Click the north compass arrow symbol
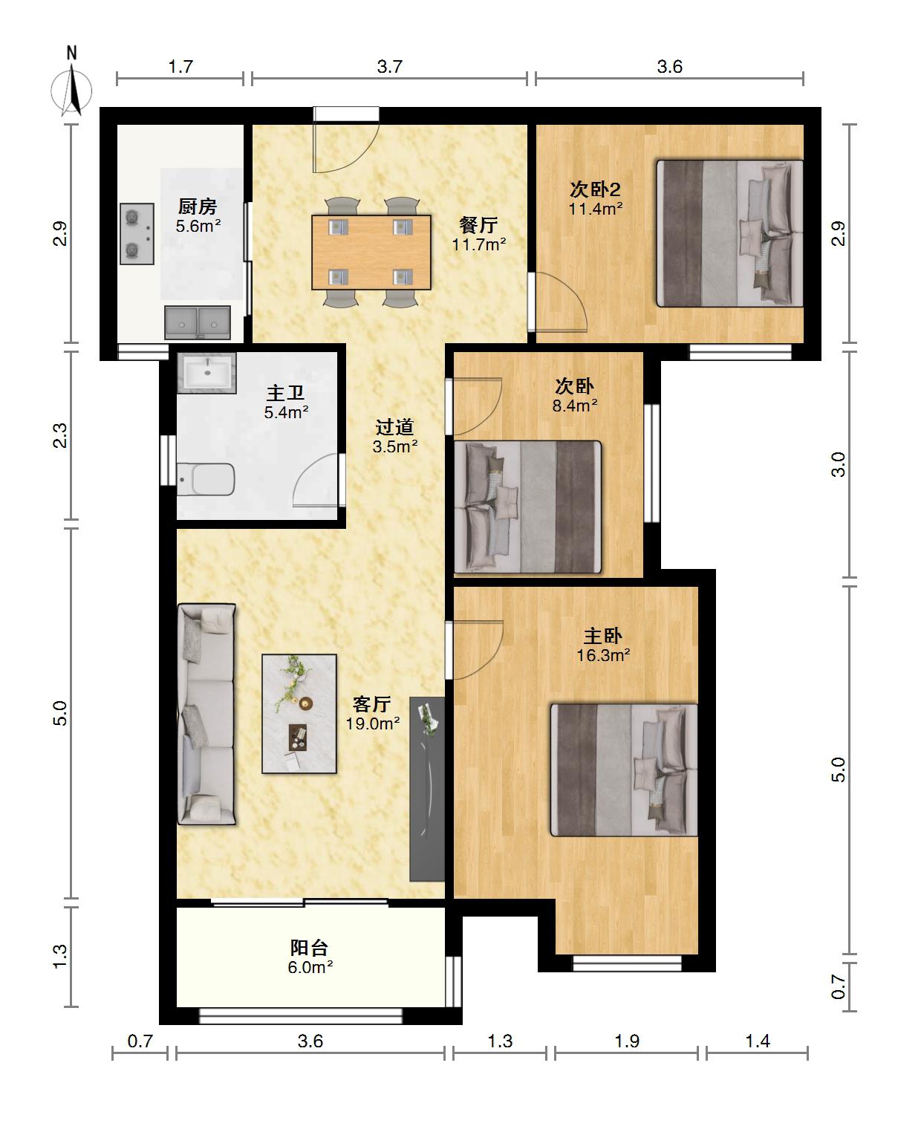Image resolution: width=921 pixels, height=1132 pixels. [x=72, y=91]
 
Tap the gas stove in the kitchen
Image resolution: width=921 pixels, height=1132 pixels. [x=137, y=233]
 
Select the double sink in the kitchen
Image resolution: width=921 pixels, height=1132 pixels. [x=197, y=322]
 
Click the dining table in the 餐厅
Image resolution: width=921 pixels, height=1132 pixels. [x=371, y=252]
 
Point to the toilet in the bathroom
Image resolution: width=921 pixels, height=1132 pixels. [x=206, y=479]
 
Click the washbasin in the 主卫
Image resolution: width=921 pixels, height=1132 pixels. [x=206, y=373]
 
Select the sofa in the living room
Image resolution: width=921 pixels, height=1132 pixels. [x=206, y=715]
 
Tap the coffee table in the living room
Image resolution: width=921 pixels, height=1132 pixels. [x=299, y=713]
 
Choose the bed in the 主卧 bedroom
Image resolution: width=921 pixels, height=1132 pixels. [x=624, y=770]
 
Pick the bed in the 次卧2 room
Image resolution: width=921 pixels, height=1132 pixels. [x=729, y=233]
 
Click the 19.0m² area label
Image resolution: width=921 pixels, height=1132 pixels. [x=373, y=723]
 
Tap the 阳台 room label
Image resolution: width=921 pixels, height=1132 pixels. [x=309, y=947]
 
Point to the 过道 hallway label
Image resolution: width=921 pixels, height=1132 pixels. [x=394, y=427]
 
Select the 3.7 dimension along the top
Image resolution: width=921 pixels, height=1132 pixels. [x=389, y=66]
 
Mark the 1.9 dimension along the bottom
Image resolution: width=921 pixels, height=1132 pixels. [x=627, y=1041]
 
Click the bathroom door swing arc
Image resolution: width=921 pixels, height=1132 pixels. [x=316, y=481]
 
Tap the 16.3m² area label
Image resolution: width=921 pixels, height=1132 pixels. [x=603, y=655]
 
